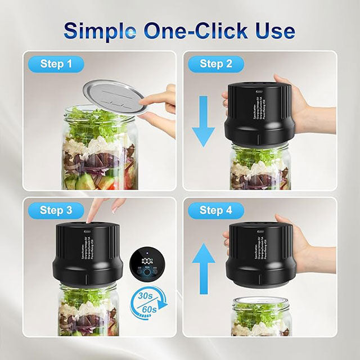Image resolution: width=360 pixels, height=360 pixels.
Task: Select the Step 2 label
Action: click(x=216, y=64)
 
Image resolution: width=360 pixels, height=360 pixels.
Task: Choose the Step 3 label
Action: click(x=56, y=210)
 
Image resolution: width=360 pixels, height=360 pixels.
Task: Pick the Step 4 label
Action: click(x=216, y=210)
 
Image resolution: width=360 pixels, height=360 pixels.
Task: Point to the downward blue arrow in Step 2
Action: click(x=204, y=121)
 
